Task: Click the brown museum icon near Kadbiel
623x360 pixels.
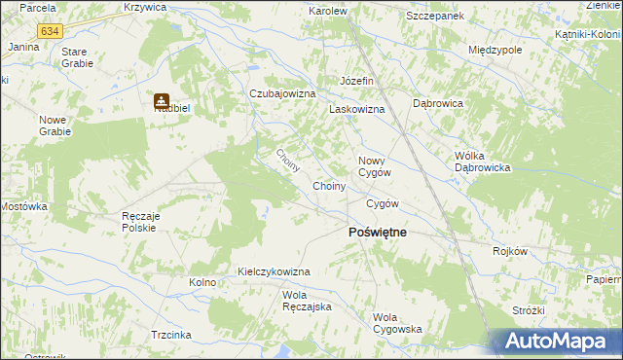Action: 161,100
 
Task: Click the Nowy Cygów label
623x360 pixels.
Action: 375,165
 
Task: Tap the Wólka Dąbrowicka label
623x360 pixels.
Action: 483,162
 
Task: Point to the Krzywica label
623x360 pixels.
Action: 145,7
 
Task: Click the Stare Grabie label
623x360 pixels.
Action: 77,56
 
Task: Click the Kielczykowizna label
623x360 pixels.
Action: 274,271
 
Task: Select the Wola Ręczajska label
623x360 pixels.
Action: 308,301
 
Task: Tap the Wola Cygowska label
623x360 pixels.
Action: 397,323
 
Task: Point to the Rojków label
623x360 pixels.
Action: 510,251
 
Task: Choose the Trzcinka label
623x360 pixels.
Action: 170,334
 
